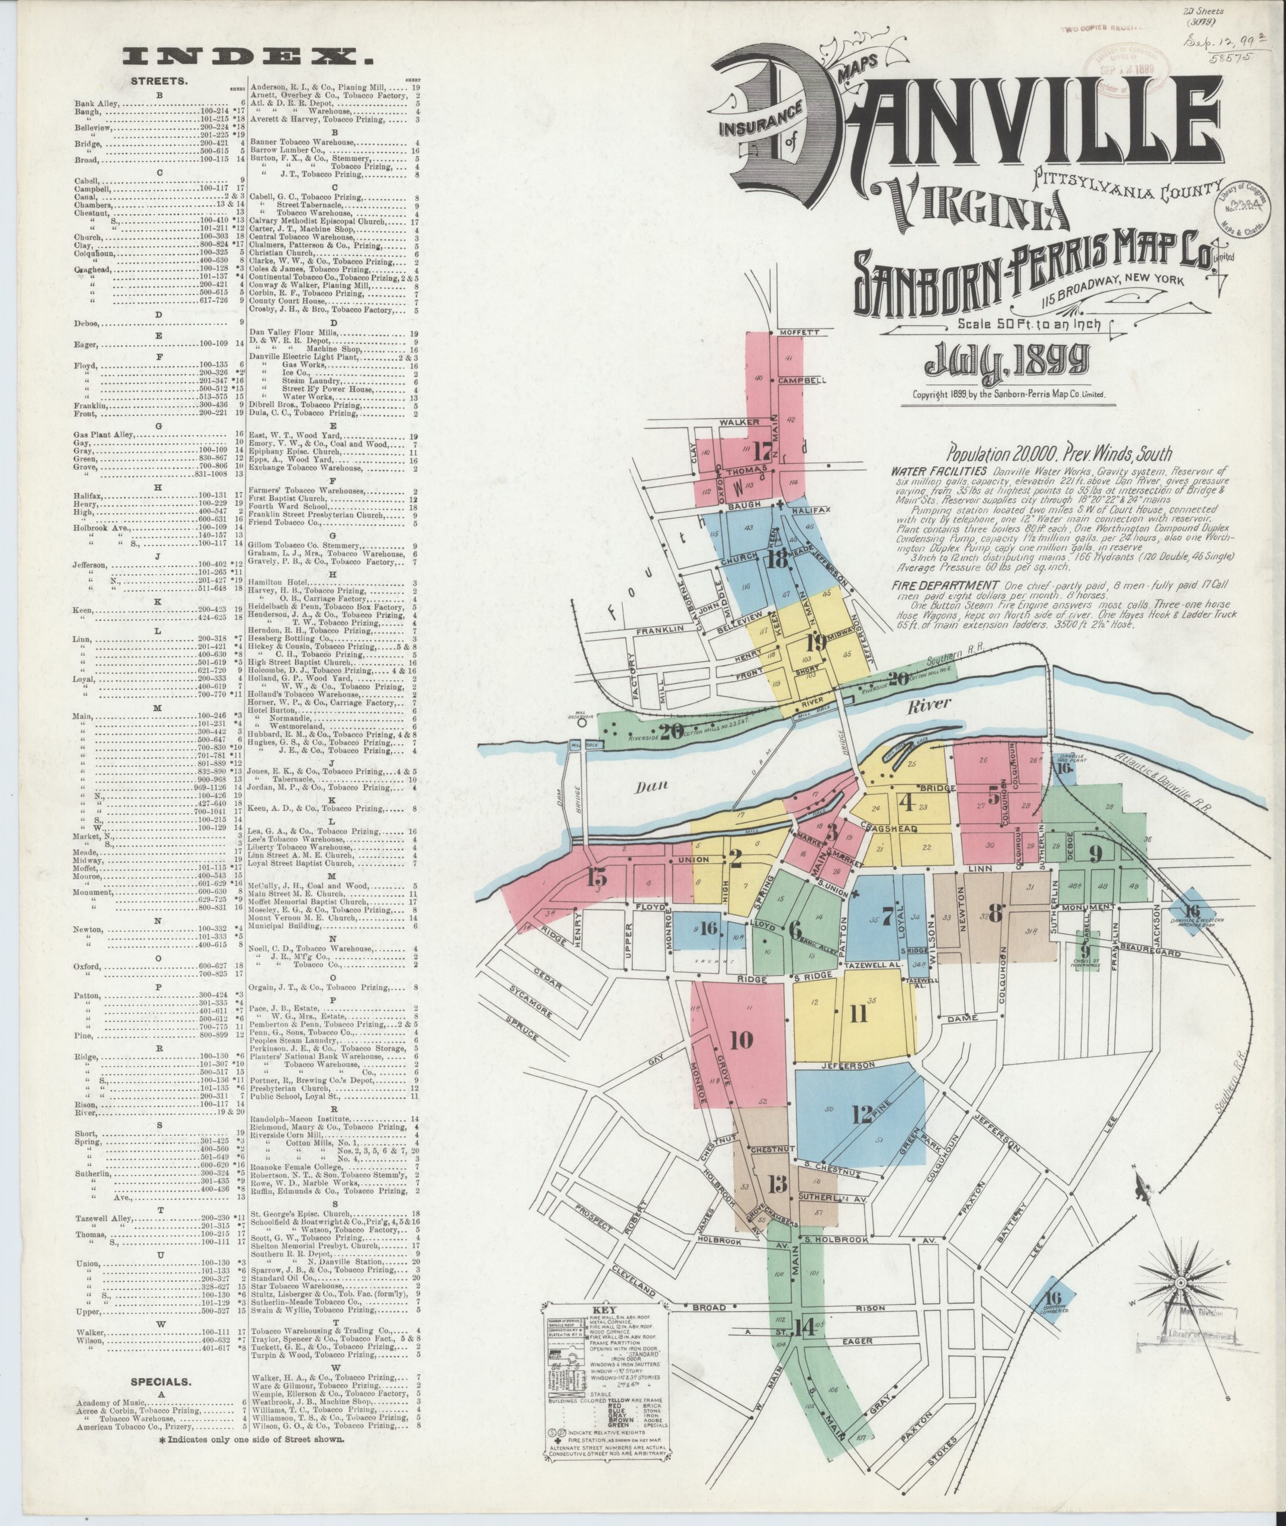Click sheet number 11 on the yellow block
pyautogui.click(x=859, y=1013)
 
